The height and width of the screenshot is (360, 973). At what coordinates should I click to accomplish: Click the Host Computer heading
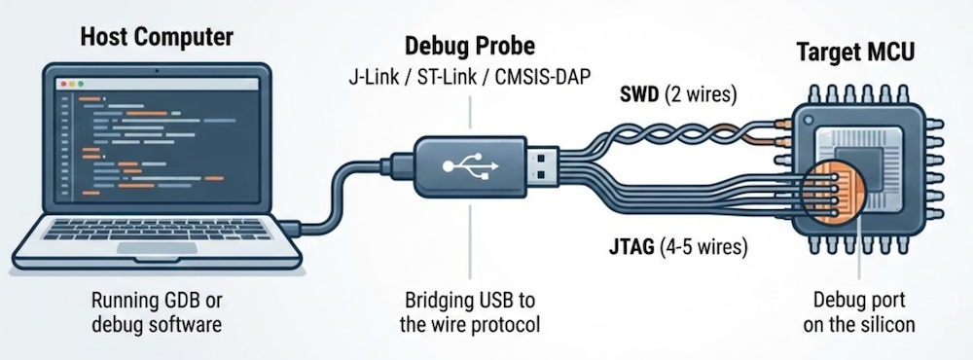pyautogui.click(x=157, y=39)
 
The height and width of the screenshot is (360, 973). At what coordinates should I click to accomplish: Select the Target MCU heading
pyautogui.click(x=856, y=52)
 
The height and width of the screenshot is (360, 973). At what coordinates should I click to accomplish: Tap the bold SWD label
pyautogui.click(x=640, y=95)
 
